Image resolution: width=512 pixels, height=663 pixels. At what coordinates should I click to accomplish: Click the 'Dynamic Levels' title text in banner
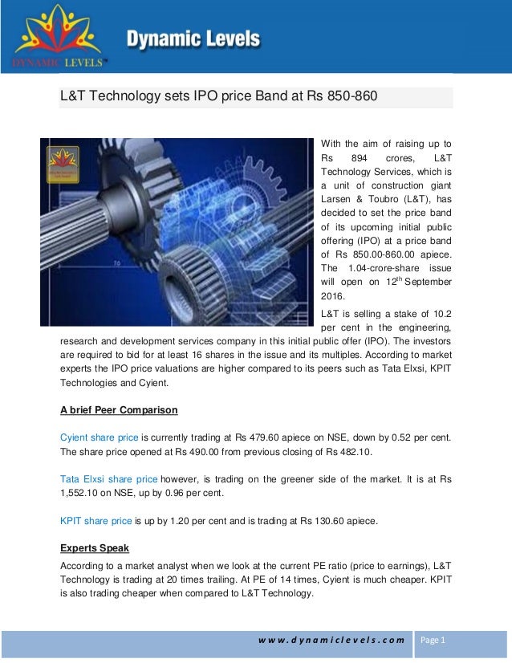click(192, 38)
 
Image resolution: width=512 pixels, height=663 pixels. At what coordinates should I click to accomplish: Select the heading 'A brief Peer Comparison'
click(120, 410)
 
